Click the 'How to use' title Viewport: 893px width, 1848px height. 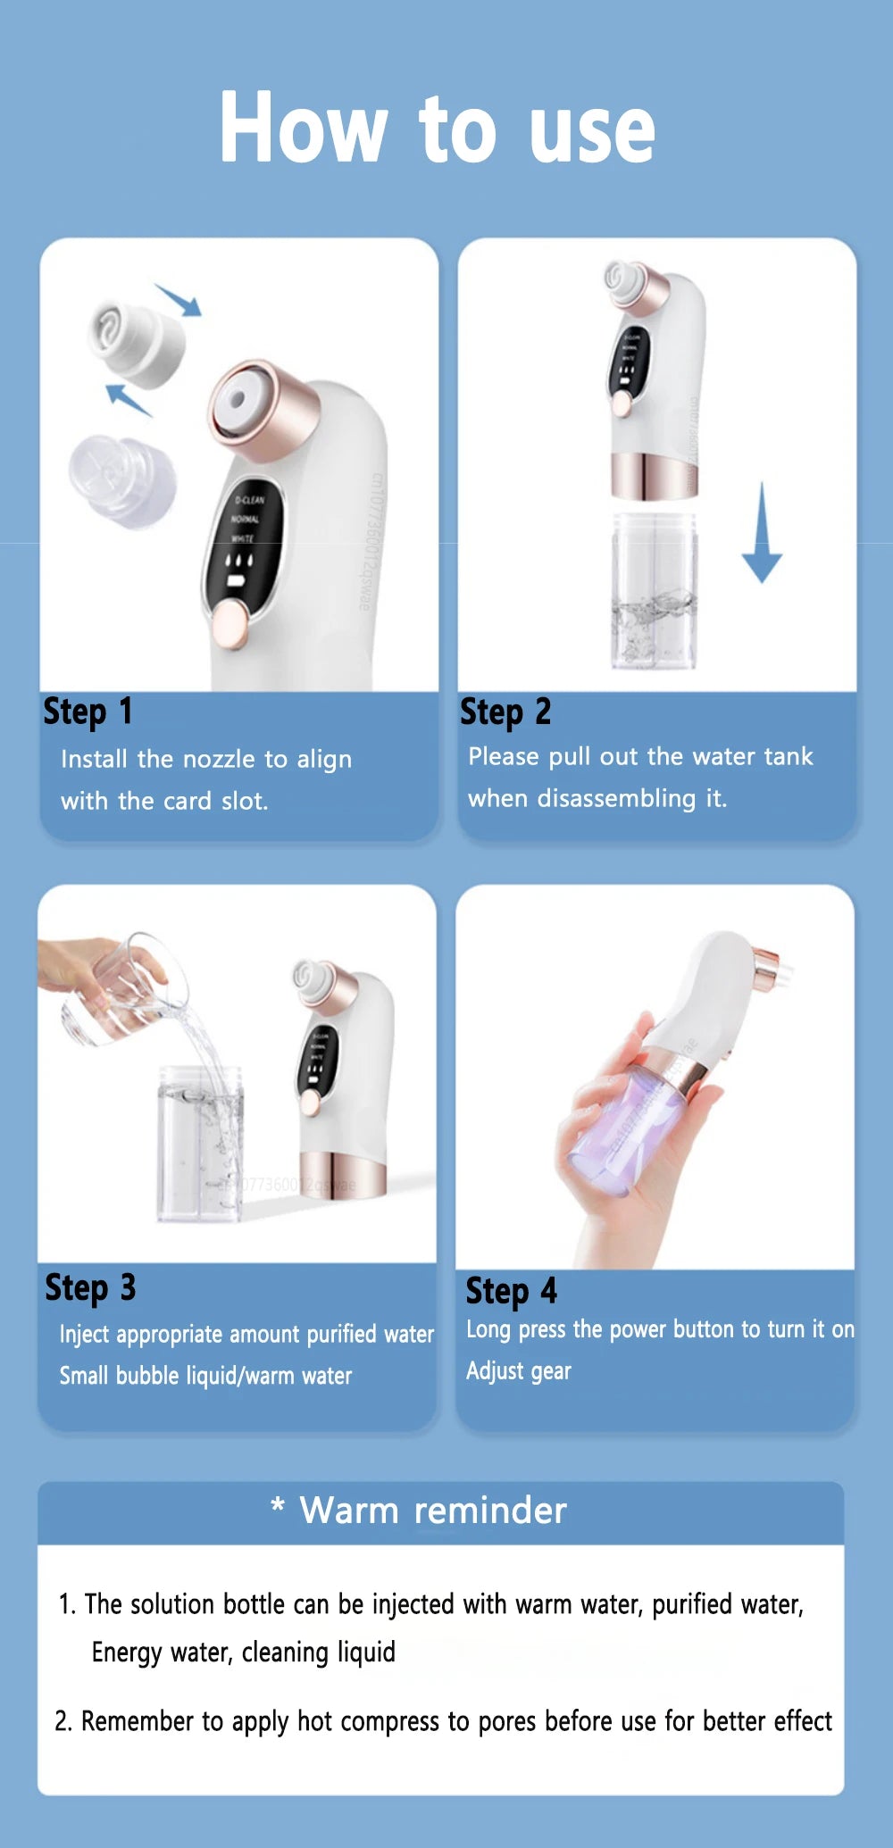[x=438, y=128]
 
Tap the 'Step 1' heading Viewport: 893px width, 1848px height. [x=88, y=712]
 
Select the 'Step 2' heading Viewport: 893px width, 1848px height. [x=505, y=712]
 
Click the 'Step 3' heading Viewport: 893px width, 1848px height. [x=90, y=1288]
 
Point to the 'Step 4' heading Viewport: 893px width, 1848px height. [x=511, y=1292]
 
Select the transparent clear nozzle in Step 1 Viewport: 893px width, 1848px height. [x=122, y=479]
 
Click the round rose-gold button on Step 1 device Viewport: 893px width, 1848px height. [x=230, y=623]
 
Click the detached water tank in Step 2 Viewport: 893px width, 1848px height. [x=654, y=589]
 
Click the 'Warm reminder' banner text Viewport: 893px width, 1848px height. [x=432, y=1511]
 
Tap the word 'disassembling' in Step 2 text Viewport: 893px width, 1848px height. [x=616, y=798]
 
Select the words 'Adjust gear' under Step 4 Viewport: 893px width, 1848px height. [x=518, y=1370]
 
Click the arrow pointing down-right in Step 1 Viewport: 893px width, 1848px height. [x=179, y=300]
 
